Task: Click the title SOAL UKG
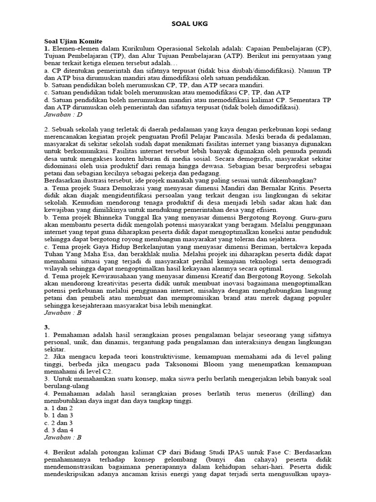(x=188, y=24)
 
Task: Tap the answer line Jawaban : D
(x=63, y=114)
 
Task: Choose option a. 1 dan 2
(x=58, y=408)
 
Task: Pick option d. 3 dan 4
(x=58, y=429)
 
